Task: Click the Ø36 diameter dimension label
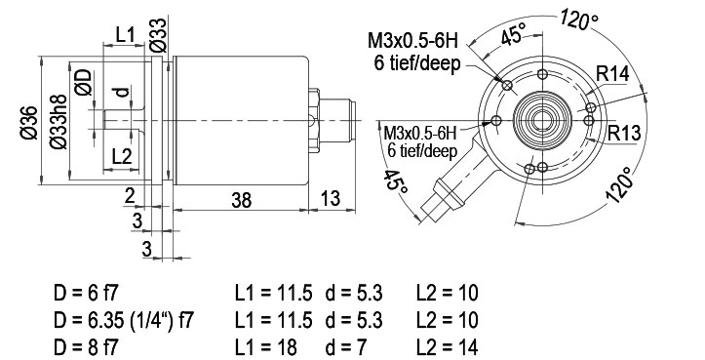pos(29,122)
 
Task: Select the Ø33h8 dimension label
pos(59,122)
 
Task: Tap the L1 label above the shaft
pos(125,35)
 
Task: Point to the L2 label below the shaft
pos(121,157)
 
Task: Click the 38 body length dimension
pos(242,200)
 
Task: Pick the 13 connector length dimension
pos(331,198)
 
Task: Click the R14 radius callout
pos(612,74)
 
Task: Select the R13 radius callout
pos(624,134)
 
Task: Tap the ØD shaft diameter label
pos(84,82)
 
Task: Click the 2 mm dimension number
pos(130,196)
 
